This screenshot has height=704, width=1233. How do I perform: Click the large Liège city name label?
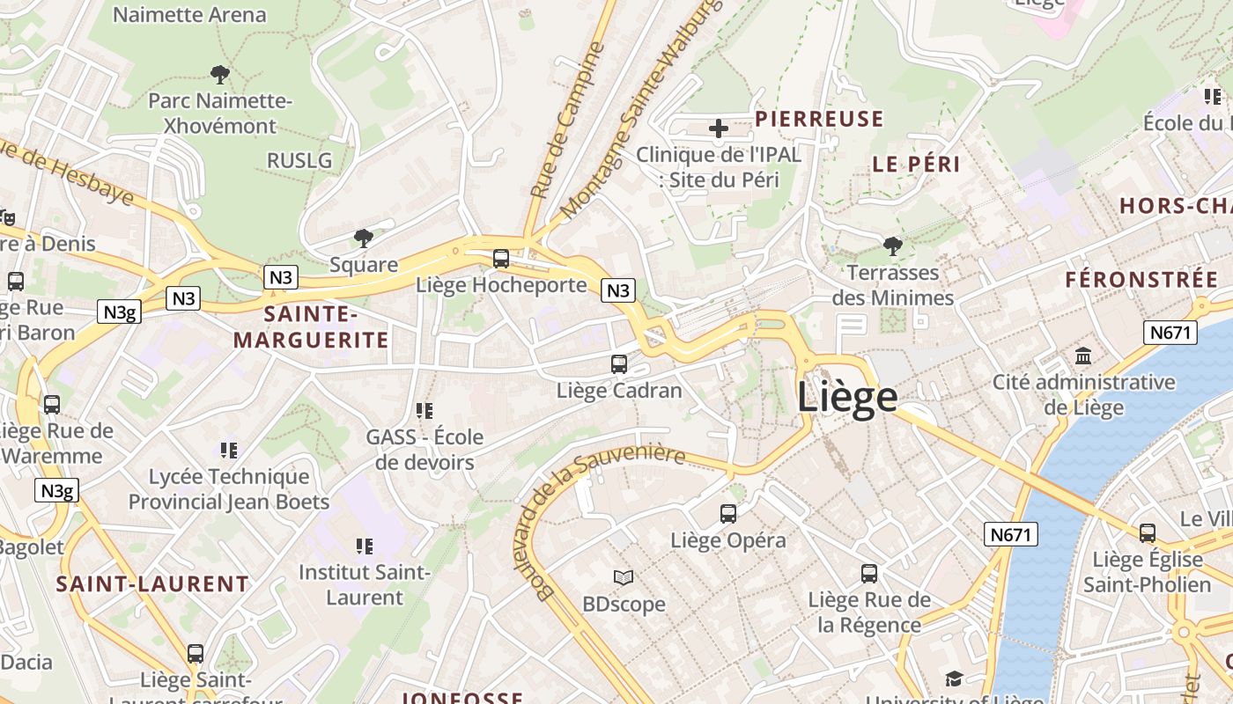(847, 397)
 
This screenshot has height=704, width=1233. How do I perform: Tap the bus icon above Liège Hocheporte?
(501, 259)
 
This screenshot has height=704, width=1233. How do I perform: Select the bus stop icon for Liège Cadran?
(619, 364)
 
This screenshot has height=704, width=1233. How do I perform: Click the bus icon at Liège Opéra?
(728, 514)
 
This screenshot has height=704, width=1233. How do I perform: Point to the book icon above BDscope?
(624, 578)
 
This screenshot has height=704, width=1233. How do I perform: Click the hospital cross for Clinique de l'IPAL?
(719, 129)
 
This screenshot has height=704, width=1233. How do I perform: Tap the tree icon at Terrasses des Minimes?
(893, 246)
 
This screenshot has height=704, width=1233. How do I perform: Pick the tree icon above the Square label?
(363, 238)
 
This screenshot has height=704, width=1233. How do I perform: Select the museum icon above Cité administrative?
(1083, 356)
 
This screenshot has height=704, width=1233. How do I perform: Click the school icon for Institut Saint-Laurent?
(365, 546)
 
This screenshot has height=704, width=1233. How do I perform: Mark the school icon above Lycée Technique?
(229, 451)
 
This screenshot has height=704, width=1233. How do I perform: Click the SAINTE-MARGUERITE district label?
(311, 326)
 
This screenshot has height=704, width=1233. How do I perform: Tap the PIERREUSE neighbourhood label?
(819, 120)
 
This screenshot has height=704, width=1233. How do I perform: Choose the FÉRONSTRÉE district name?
(1141, 280)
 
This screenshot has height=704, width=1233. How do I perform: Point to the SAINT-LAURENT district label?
(152, 584)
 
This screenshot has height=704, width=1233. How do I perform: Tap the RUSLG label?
(299, 160)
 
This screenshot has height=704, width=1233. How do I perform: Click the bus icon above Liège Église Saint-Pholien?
(1148, 533)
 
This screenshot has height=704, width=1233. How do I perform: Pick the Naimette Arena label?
(189, 15)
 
